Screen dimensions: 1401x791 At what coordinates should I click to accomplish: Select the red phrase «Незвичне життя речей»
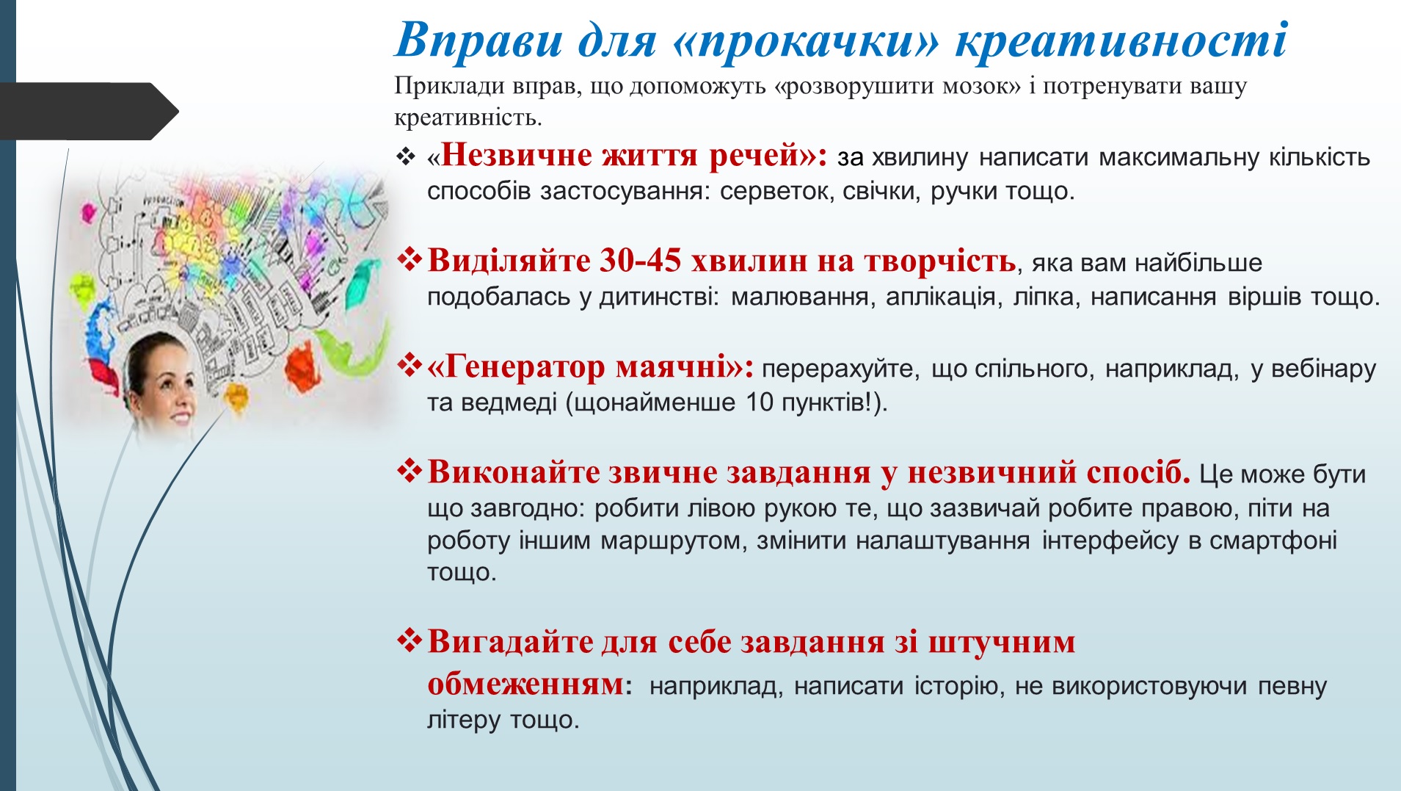[x=628, y=156]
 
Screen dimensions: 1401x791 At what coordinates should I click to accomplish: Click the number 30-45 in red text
[x=641, y=261]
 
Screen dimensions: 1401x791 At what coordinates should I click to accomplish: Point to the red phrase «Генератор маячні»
[x=591, y=366]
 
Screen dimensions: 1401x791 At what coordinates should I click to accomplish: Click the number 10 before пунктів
[x=760, y=402]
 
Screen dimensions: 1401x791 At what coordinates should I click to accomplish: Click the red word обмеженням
[x=525, y=684]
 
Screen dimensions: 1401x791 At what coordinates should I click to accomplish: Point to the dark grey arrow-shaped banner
[x=89, y=112]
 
